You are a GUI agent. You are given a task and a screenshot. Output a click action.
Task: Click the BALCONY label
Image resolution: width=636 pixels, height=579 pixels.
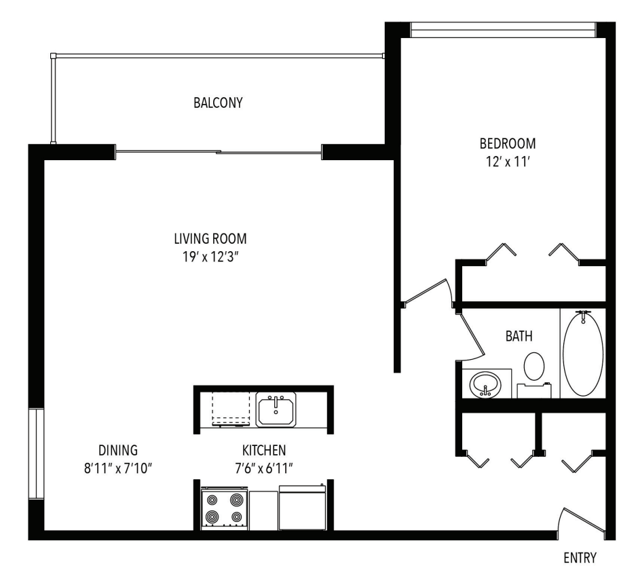point(218,103)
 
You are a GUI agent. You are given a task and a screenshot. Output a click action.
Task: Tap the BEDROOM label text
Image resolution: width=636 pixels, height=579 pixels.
point(508,144)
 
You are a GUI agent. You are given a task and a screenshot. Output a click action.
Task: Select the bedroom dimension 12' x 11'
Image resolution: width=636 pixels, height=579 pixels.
point(508,162)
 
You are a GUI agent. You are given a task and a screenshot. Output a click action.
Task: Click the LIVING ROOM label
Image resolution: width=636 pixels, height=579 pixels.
point(208,238)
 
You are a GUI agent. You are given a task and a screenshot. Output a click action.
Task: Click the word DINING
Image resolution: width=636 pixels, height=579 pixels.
point(118,449)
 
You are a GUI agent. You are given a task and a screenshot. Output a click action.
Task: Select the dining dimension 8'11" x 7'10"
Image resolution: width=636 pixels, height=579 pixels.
point(118,468)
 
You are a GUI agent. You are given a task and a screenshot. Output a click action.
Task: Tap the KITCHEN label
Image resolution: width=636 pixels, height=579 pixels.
point(264,449)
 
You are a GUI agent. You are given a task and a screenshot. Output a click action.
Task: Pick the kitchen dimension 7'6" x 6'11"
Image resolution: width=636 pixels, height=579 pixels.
point(264,468)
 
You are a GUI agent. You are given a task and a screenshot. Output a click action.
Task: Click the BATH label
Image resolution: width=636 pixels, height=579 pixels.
point(518,335)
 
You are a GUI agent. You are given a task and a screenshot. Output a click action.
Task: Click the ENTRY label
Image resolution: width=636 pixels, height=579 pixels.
point(580,559)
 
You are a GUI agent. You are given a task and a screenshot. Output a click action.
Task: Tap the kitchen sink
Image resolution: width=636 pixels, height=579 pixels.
point(276,410)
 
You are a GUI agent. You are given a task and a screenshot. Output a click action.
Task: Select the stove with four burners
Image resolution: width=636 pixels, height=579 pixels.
point(223,508)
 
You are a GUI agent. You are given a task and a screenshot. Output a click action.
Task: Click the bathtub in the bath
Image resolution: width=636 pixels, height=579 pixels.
point(582,353)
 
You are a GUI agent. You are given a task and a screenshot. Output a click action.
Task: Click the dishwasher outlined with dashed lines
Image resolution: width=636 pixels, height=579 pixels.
point(230,409)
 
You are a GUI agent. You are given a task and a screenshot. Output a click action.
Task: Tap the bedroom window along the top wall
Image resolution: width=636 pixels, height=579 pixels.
point(503,30)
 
